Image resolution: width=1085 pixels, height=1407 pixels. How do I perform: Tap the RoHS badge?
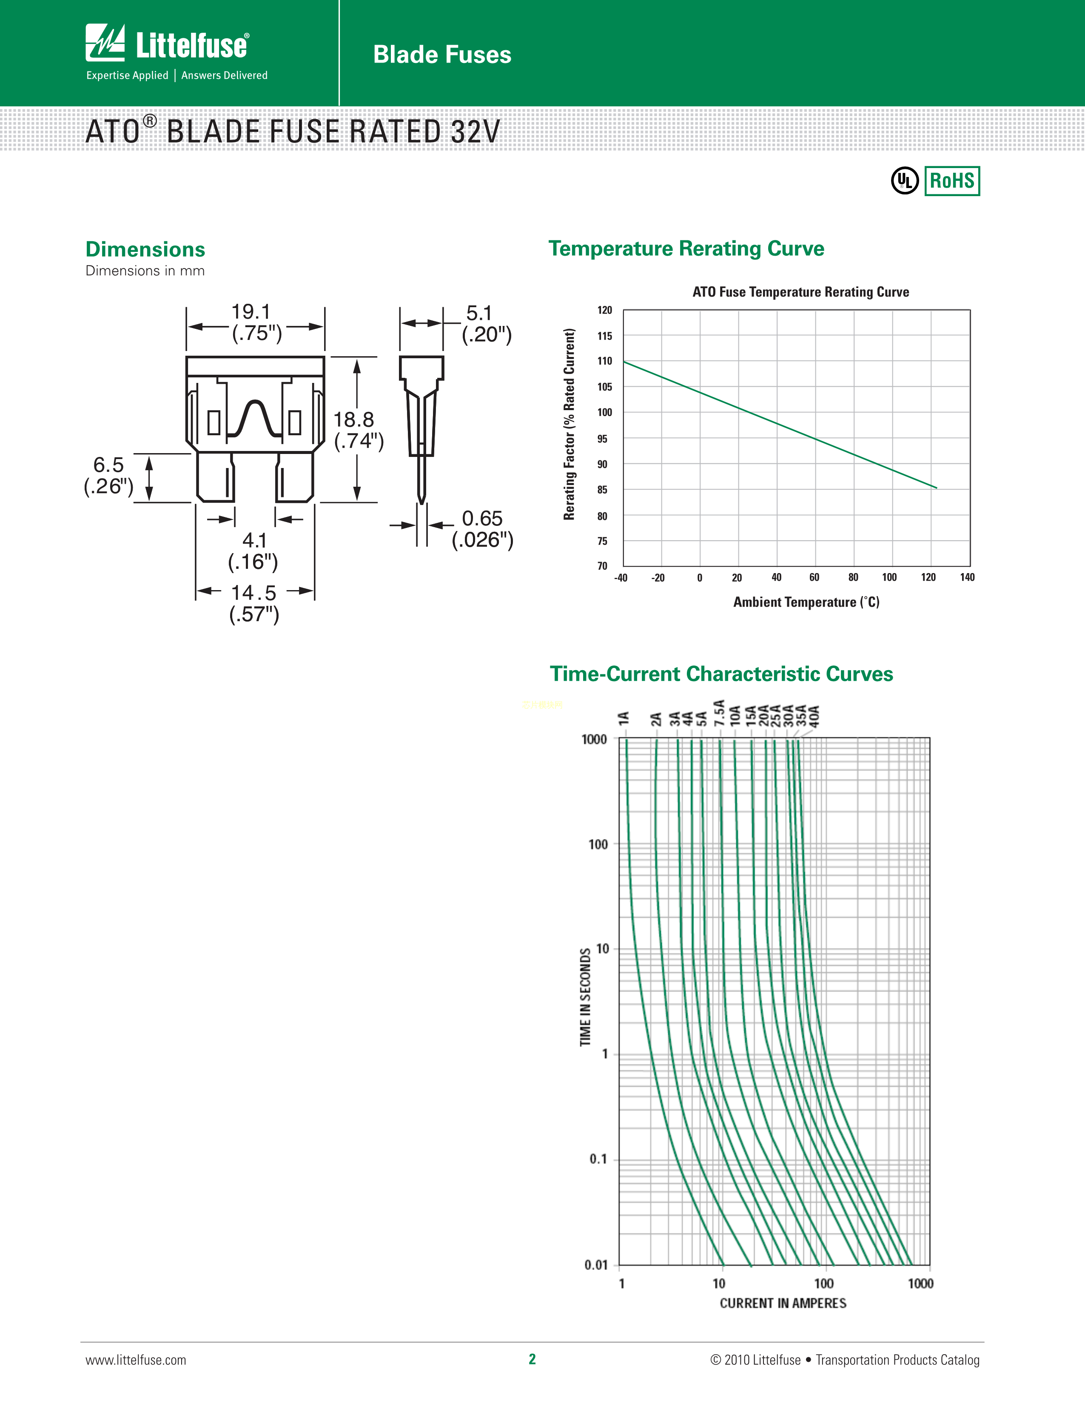tap(952, 181)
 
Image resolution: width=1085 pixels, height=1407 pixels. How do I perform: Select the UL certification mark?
tap(904, 181)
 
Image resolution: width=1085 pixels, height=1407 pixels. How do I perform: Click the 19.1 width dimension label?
tap(251, 312)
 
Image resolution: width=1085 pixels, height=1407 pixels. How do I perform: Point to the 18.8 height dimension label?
tap(353, 420)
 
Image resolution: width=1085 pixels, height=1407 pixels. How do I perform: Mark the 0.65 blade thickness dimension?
tap(481, 519)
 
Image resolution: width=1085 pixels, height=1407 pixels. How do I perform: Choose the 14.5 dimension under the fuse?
tap(253, 593)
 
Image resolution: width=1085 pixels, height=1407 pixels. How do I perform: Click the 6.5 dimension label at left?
tap(108, 465)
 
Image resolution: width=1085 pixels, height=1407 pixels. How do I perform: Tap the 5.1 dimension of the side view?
tap(479, 314)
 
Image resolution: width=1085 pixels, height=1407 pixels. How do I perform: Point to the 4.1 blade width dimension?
tap(254, 540)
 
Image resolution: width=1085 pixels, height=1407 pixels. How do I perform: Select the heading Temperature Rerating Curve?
tap(686, 248)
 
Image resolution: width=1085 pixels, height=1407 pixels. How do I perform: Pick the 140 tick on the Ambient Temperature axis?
tap(967, 577)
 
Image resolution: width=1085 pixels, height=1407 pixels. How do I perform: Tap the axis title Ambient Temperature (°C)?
tap(806, 602)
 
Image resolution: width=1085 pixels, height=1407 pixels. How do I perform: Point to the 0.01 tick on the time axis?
tap(595, 1264)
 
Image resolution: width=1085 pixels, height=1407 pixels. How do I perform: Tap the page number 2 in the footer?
tap(532, 1359)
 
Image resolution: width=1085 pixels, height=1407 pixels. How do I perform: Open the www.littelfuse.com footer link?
tap(136, 1360)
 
